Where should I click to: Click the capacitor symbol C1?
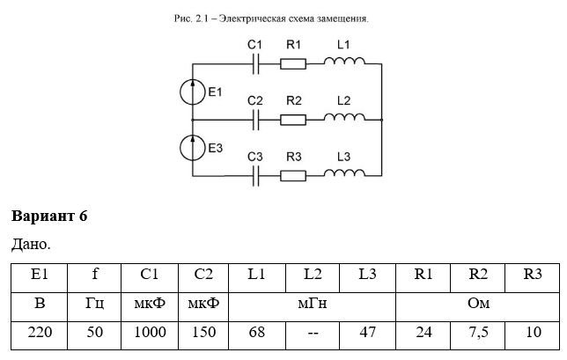(255, 64)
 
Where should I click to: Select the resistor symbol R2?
(293, 120)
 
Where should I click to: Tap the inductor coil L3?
(344, 173)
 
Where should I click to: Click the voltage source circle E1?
(192, 92)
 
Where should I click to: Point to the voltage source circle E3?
(192, 148)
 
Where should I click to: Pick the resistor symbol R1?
(293, 64)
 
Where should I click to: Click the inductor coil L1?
(344, 61)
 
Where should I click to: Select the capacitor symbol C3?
(255, 176)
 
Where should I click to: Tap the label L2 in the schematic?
(343, 100)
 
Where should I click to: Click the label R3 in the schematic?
(294, 157)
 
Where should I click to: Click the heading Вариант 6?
(49, 216)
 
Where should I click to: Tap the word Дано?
(31, 245)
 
